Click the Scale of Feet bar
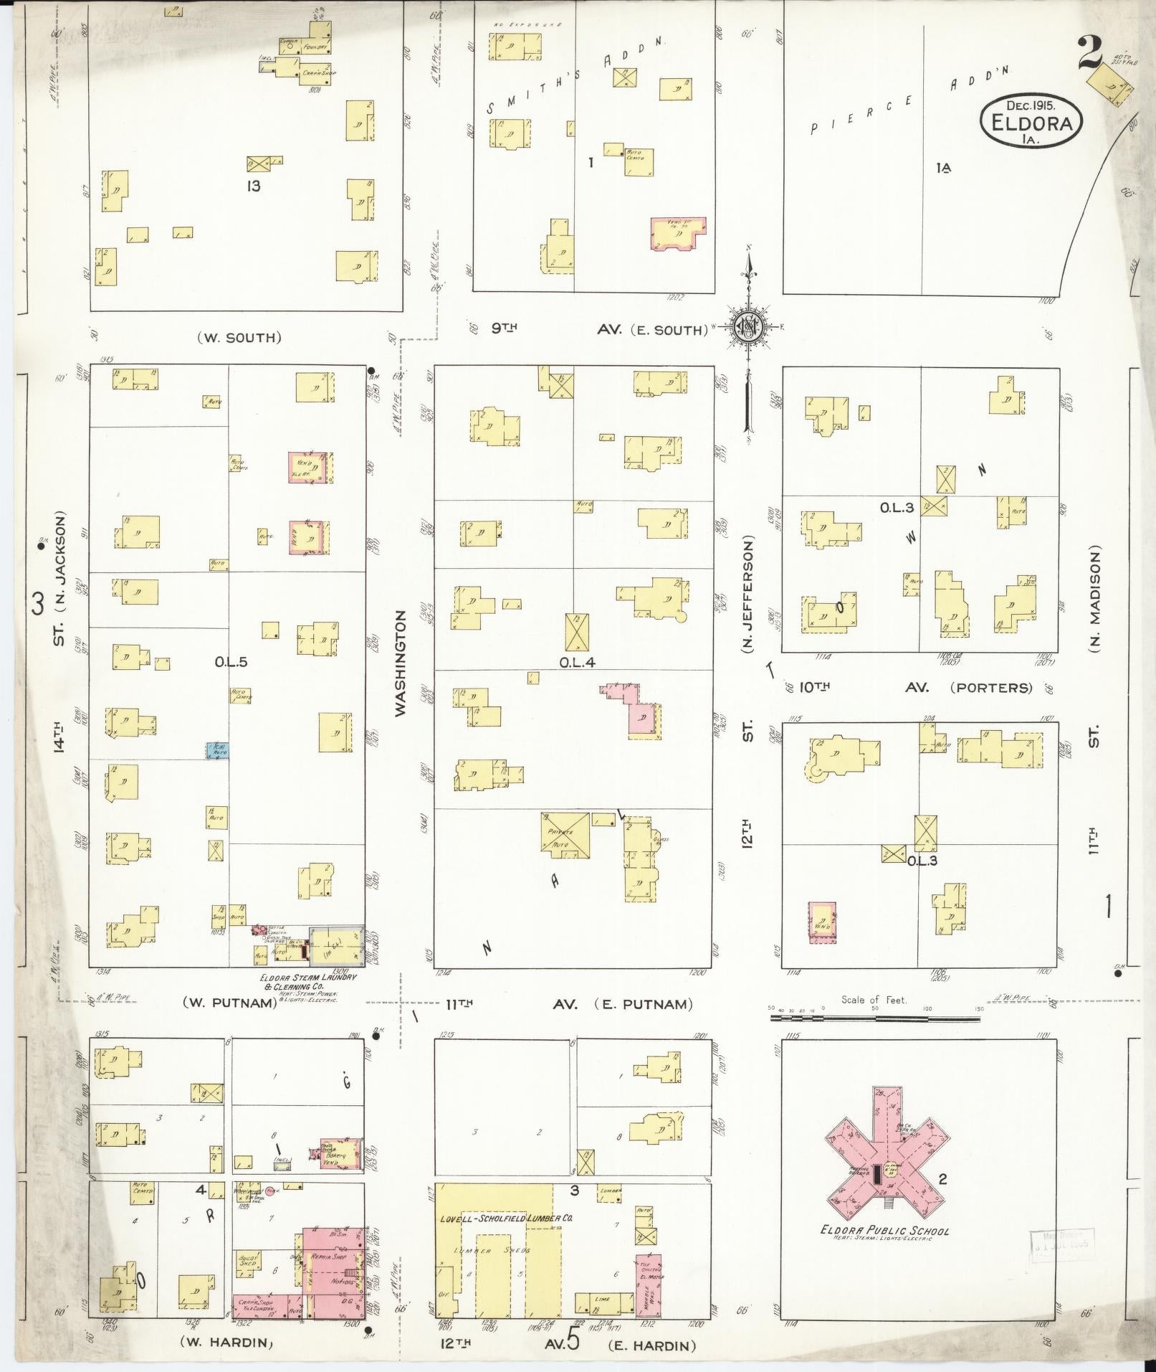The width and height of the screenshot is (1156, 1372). click(x=874, y=1016)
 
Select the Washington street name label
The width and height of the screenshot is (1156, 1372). click(x=401, y=663)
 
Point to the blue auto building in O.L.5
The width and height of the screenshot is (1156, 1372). click(x=218, y=751)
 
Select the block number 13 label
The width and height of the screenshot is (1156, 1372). click(x=253, y=187)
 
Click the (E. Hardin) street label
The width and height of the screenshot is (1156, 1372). click(x=651, y=1345)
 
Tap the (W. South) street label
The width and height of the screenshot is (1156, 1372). click(x=239, y=337)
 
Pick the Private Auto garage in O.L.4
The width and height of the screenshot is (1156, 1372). click(x=565, y=836)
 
